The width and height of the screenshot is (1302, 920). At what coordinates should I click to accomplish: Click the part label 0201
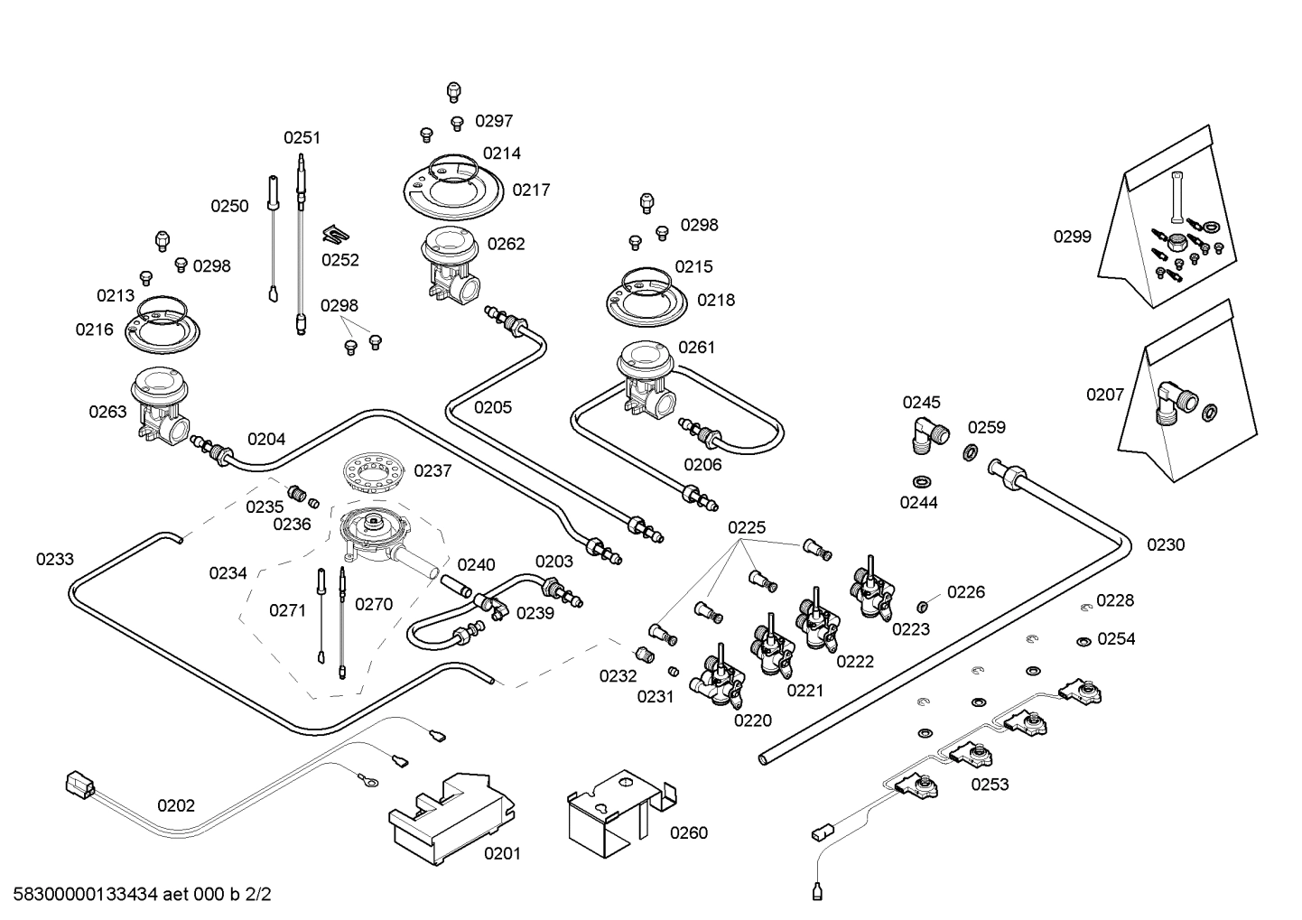click(502, 853)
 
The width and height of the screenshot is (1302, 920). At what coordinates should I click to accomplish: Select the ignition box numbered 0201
click(451, 819)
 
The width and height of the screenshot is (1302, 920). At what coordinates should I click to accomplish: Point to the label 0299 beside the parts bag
click(1073, 237)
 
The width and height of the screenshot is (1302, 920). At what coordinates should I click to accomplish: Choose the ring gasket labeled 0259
click(970, 452)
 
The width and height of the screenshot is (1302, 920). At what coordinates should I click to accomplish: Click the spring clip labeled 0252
click(336, 234)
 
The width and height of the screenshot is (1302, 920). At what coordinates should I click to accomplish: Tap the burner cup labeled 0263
click(161, 405)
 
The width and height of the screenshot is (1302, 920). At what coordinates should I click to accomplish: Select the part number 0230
click(1166, 544)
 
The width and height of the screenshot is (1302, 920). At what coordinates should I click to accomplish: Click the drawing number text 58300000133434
click(86, 894)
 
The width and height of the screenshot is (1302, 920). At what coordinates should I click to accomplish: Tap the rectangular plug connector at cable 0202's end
click(80, 783)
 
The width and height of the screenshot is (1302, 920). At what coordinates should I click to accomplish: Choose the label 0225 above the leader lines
click(747, 527)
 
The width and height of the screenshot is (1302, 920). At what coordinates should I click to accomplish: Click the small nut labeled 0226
click(922, 608)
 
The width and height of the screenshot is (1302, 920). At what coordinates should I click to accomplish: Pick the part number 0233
click(55, 559)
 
